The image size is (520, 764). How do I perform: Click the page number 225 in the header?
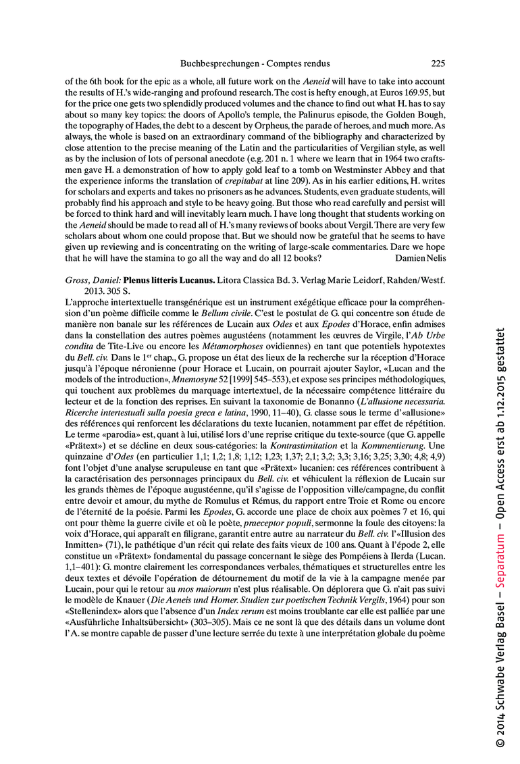point(438,64)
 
